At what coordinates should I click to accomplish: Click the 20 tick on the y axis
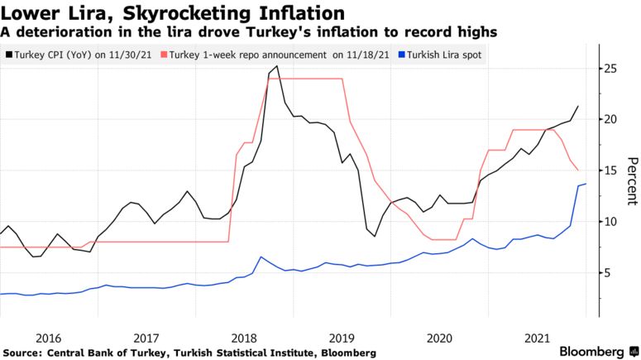coord(609,119)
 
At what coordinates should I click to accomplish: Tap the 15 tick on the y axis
coord(609,170)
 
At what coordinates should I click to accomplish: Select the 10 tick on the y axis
coord(609,222)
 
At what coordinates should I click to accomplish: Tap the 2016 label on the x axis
coord(49,338)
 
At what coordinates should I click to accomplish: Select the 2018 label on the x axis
coord(245,338)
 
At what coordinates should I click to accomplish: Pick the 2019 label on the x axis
coord(342,338)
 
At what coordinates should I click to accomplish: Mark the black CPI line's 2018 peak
coord(276,66)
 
